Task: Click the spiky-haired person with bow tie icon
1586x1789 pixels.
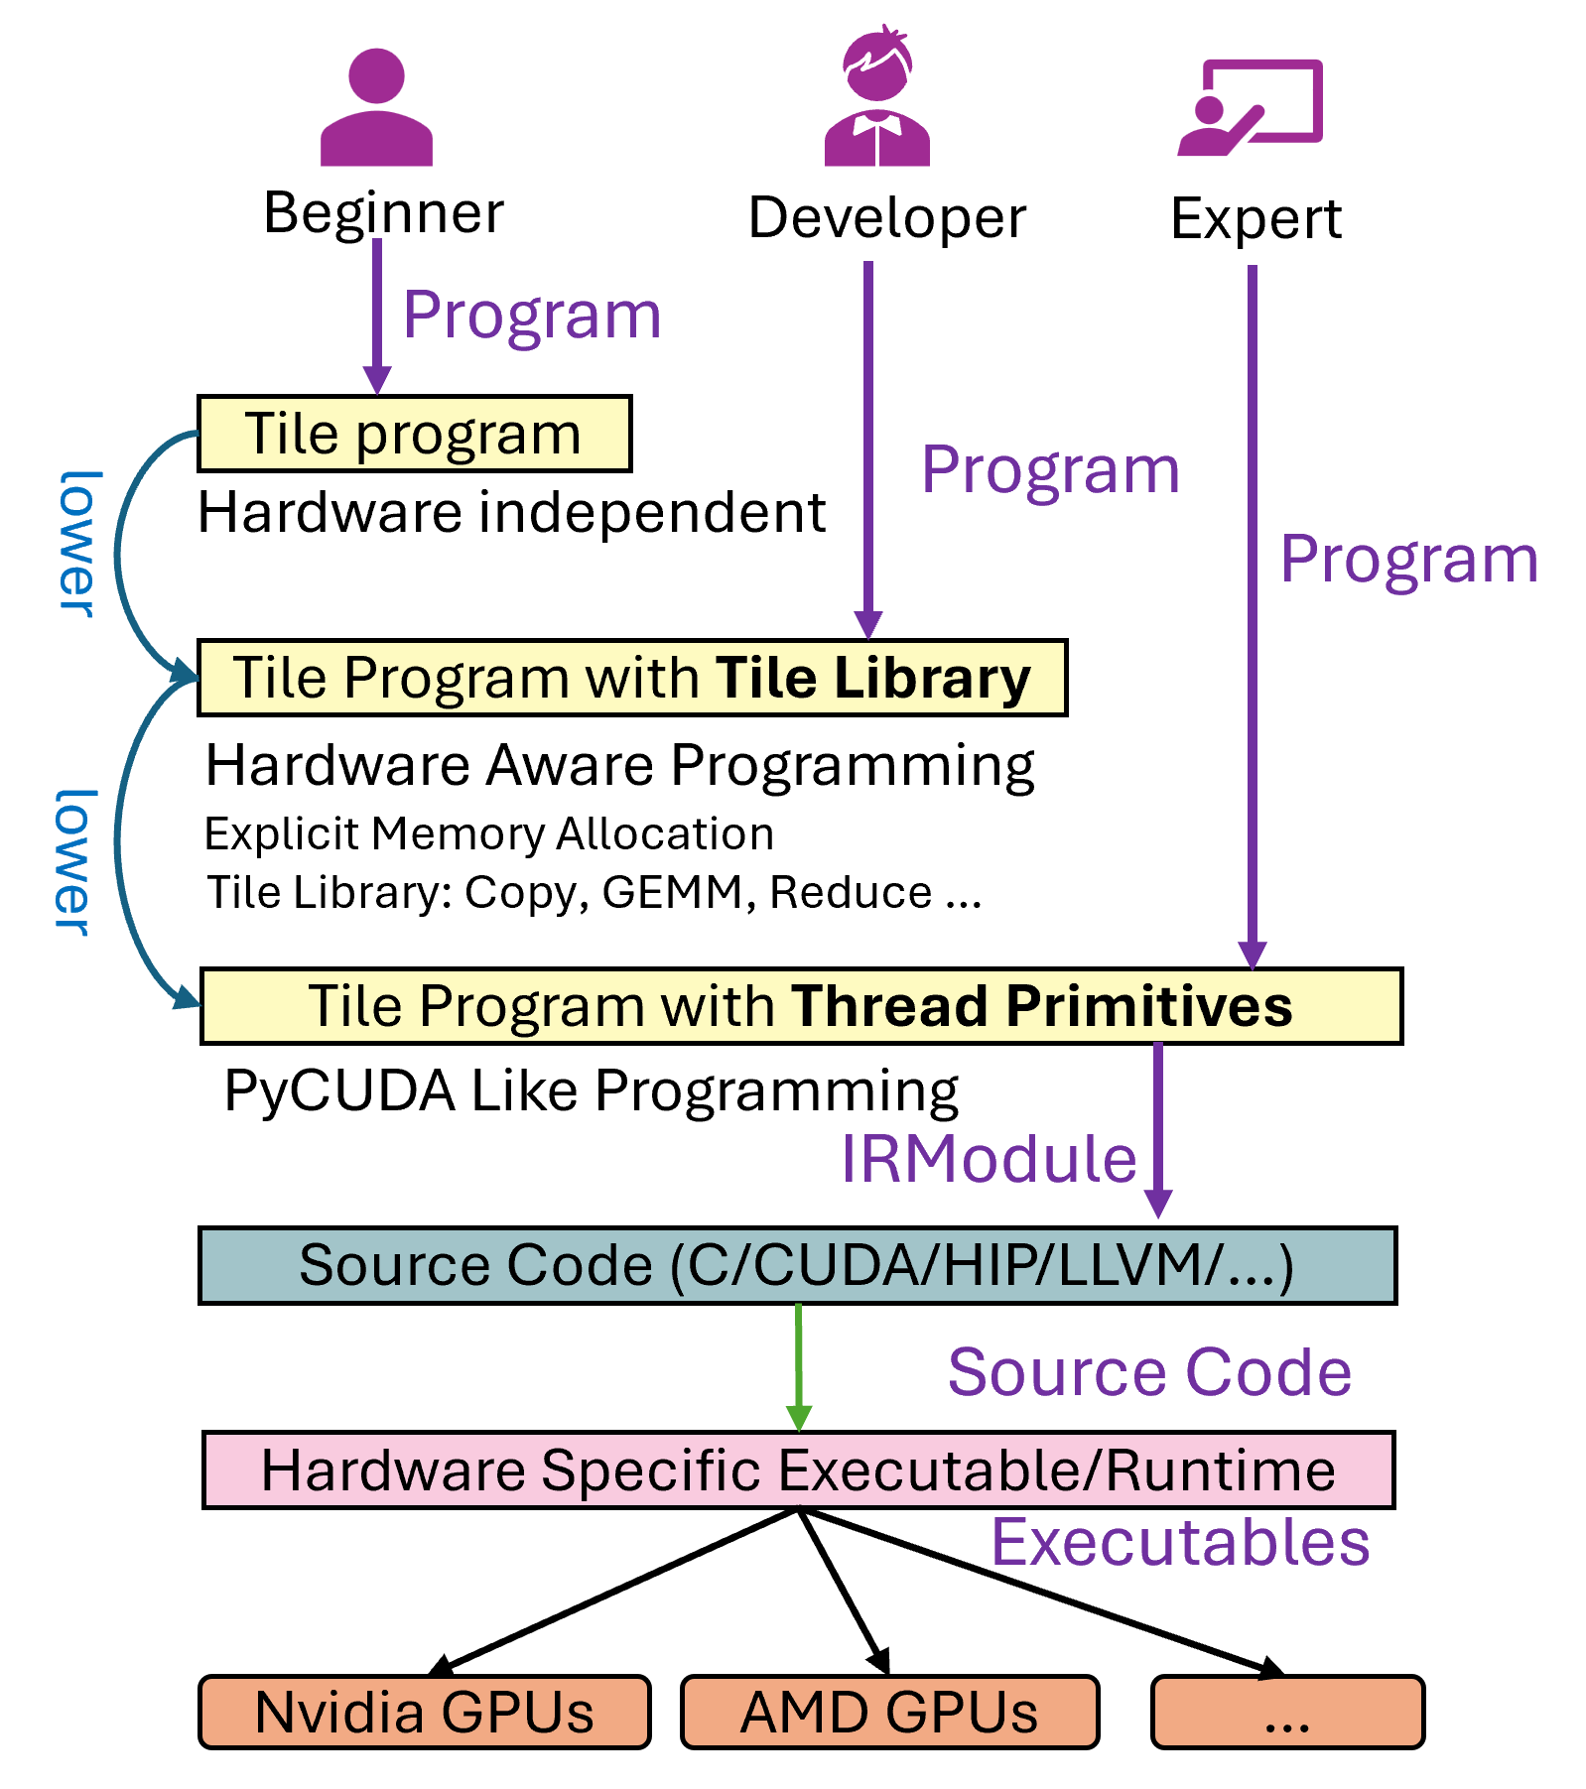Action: click(x=876, y=99)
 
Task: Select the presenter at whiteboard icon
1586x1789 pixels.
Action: click(x=1251, y=107)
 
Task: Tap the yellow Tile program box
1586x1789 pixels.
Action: click(x=414, y=434)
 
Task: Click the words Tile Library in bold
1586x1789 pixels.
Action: click(x=872, y=678)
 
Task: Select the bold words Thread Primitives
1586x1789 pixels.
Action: click(x=1041, y=1006)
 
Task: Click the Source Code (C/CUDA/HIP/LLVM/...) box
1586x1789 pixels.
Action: click(x=797, y=1265)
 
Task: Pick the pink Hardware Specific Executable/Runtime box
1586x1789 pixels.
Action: click(x=797, y=1470)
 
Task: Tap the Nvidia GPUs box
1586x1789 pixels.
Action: click(x=424, y=1712)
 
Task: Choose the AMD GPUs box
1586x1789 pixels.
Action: click(x=889, y=1712)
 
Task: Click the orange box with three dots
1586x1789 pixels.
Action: click(x=1287, y=1712)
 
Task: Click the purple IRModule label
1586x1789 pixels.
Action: click(x=989, y=1158)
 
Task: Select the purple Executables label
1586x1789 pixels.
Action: click(x=1180, y=1542)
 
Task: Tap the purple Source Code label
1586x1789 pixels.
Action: click(x=1149, y=1372)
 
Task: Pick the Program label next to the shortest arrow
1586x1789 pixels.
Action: click(x=532, y=315)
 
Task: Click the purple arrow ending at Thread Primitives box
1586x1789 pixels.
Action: click(x=1253, y=615)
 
